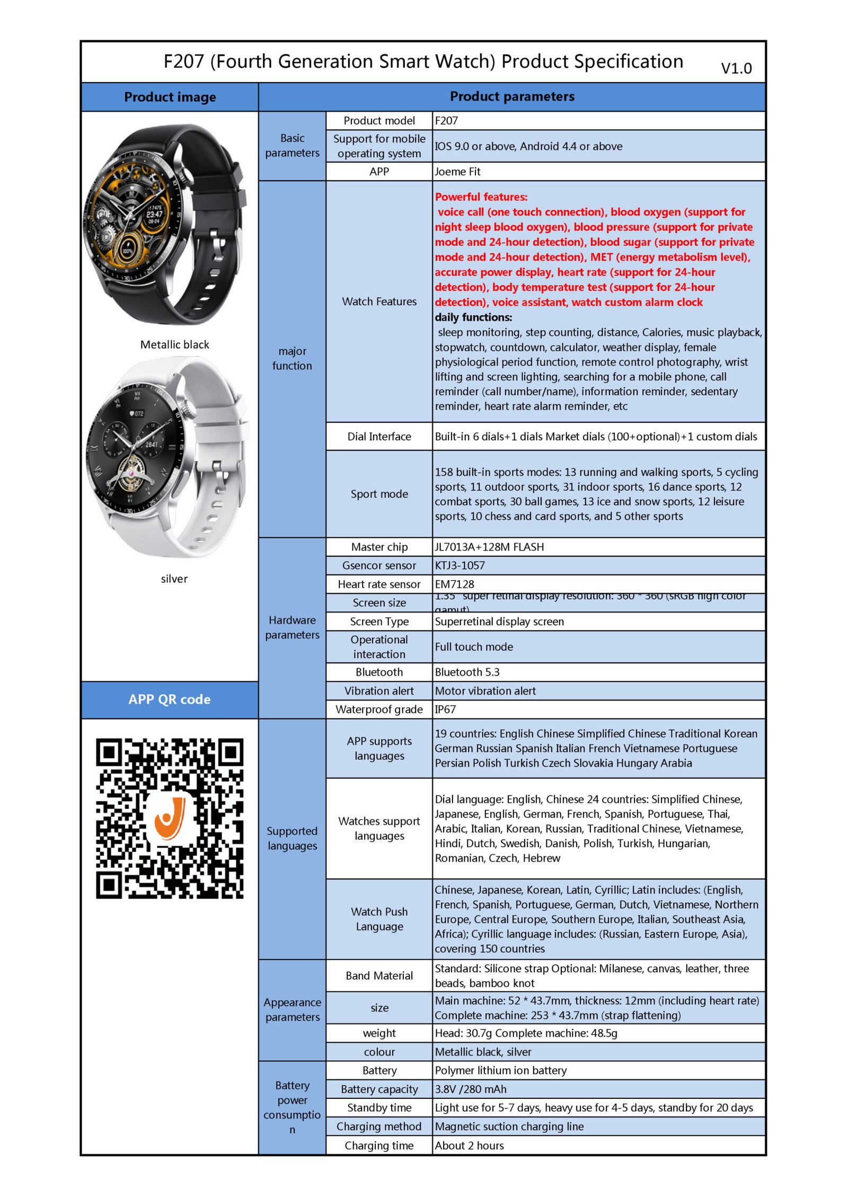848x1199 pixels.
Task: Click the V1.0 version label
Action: (736, 68)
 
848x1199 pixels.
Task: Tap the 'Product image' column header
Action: (170, 97)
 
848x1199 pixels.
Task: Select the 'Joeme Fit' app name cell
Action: (457, 172)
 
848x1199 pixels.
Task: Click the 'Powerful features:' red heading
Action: (481, 197)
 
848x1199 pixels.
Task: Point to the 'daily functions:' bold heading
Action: (473, 317)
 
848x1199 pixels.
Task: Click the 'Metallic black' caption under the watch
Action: (174, 345)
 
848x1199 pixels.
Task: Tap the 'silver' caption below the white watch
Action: (174, 579)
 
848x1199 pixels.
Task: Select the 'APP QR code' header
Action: (169, 699)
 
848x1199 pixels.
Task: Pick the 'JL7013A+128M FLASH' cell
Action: (489, 547)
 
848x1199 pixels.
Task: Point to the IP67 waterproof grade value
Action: (445, 709)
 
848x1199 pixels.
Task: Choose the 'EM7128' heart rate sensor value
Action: (454, 584)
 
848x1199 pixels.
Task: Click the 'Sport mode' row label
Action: (379, 494)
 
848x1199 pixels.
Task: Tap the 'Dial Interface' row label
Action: (379, 437)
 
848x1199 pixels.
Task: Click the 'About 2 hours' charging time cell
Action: (469, 1145)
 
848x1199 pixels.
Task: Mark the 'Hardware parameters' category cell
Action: (292, 627)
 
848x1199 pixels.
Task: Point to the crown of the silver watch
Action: (187, 408)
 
